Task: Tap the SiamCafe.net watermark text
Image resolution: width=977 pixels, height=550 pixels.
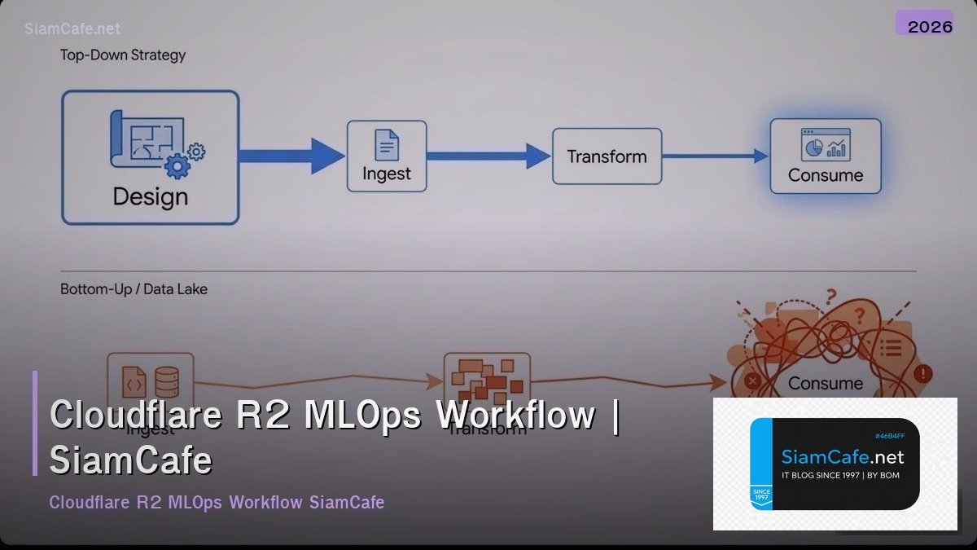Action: point(72,29)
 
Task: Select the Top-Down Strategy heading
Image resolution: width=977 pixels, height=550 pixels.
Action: point(123,55)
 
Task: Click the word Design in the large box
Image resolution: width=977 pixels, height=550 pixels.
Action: point(150,197)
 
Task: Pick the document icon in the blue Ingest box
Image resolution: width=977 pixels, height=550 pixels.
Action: point(387,145)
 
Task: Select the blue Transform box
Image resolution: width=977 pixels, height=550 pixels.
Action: point(607,156)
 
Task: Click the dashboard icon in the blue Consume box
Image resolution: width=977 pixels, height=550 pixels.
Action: point(826,144)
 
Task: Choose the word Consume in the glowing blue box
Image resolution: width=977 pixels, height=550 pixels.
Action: point(826,175)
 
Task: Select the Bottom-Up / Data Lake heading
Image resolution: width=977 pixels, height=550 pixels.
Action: point(134,289)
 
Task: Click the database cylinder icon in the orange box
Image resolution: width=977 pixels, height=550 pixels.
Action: point(167,381)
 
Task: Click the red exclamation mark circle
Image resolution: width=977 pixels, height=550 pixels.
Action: point(922,374)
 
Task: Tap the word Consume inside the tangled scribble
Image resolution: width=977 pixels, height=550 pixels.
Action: point(826,383)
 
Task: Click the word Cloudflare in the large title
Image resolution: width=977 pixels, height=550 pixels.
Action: point(135,415)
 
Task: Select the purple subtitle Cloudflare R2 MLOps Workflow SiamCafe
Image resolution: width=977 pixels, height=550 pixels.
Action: point(217,502)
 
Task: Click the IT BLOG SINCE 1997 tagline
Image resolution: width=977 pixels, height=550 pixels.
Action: point(840,475)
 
